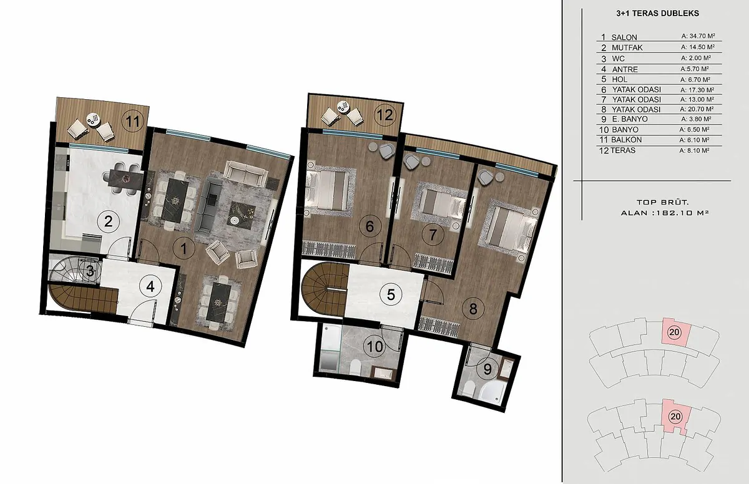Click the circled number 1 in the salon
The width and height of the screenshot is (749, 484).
[184, 249]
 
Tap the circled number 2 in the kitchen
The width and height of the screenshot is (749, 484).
[109, 221]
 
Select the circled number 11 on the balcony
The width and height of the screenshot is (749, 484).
[133, 122]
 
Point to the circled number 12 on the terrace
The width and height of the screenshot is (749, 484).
[385, 115]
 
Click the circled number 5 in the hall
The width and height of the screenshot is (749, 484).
[391, 294]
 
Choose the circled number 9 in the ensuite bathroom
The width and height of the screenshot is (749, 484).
[487, 369]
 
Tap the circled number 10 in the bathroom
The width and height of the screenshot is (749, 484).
[375, 347]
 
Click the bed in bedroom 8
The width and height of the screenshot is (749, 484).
[507, 229]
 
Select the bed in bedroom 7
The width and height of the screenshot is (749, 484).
[438, 206]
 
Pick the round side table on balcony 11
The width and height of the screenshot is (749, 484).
[92, 119]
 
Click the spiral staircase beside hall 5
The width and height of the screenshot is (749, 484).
[325, 289]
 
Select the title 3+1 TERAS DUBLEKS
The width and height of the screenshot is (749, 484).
[657, 13]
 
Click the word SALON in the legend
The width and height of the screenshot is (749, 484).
[624, 37]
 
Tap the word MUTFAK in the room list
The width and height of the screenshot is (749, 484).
[627, 48]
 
